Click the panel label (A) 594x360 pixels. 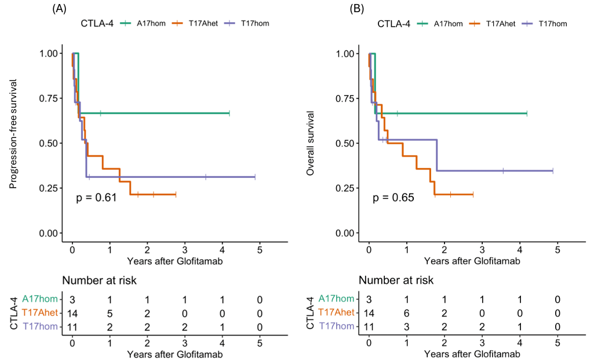click(x=59, y=8)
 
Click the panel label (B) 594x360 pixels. click(x=356, y=8)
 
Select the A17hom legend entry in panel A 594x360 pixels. click(x=143, y=24)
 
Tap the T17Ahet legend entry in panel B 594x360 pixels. click(x=492, y=24)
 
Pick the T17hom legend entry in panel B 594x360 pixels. click(x=544, y=24)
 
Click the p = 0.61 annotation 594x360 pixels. click(x=96, y=198)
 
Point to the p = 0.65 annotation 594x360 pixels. click(x=393, y=198)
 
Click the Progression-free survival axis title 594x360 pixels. click(x=13, y=134)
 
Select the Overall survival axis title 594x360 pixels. click(x=310, y=143)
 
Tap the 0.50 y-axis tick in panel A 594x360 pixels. click(x=51, y=143)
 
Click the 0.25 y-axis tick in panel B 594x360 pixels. click(x=347, y=188)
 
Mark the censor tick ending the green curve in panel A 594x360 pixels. click(x=229, y=113)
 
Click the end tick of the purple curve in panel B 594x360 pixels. click(x=553, y=171)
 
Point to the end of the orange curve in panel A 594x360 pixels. click(x=176, y=194)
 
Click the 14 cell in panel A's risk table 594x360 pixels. click(x=72, y=314)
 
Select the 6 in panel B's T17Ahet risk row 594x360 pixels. click(x=406, y=314)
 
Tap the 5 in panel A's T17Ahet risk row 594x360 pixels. click(x=110, y=314)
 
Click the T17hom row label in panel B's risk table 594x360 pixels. click(x=336, y=326)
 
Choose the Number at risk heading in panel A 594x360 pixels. click(x=99, y=281)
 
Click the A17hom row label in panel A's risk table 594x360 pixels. click(x=40, y=299)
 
